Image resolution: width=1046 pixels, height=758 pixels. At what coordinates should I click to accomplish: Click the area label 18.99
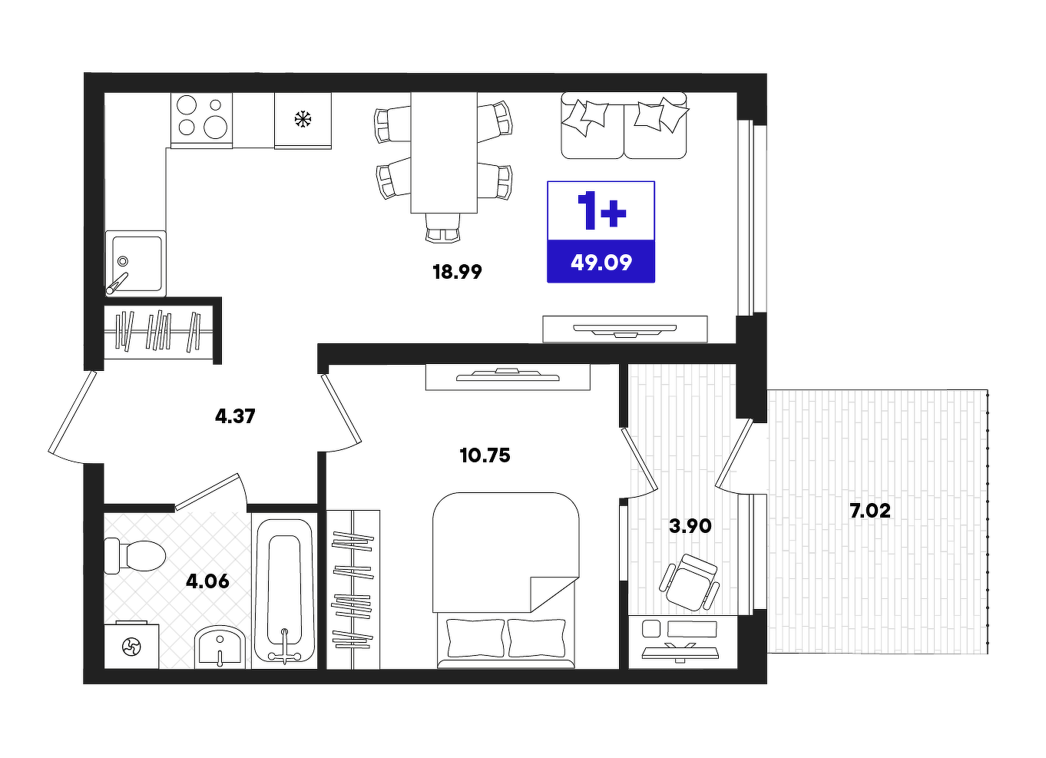[457, 272]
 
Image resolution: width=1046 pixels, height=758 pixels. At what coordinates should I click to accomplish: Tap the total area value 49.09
[601, 263]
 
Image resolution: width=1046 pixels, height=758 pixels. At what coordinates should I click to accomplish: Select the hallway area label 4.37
[235, 415]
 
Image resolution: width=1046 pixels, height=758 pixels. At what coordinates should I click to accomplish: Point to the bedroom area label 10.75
[485, 455]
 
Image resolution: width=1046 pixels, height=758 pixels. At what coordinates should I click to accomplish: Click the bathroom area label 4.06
[207, 581]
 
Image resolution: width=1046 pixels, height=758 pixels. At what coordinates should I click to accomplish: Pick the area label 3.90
[690, 526]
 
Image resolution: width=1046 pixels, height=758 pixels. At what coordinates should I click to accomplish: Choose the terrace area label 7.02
[870, 511]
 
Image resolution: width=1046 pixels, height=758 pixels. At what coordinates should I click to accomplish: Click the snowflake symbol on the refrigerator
[303, 120]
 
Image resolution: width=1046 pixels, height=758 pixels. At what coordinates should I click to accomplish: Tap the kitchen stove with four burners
[202, 121]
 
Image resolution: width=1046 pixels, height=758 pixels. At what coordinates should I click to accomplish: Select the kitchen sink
[135, 264]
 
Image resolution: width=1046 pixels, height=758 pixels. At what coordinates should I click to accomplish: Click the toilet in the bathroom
[134, 556]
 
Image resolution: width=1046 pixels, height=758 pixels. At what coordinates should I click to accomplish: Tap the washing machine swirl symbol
[131, 647]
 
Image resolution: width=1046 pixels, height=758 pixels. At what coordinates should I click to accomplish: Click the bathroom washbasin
[220, 647]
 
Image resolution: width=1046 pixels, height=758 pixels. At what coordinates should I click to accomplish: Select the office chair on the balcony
[689, 584]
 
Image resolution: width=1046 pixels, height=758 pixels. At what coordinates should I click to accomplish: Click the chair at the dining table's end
[442, 228]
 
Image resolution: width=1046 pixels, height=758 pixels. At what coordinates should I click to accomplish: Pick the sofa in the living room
[624, 125]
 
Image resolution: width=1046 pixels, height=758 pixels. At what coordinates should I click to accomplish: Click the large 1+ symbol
[601, 210]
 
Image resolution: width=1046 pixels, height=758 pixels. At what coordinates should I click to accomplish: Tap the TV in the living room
[625, 329]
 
